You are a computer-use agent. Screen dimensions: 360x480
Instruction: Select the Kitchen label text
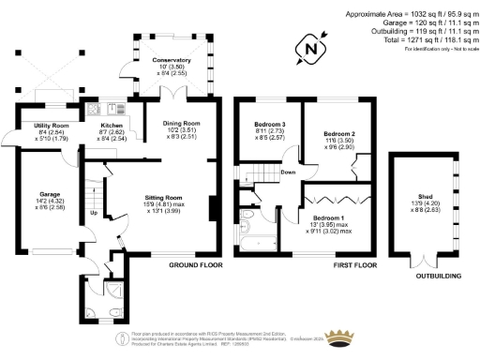click(x=111, y=128)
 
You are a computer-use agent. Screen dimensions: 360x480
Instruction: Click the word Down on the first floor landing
click(x=289, y=172)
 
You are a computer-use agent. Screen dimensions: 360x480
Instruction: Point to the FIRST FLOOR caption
click(x=356, y=267)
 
